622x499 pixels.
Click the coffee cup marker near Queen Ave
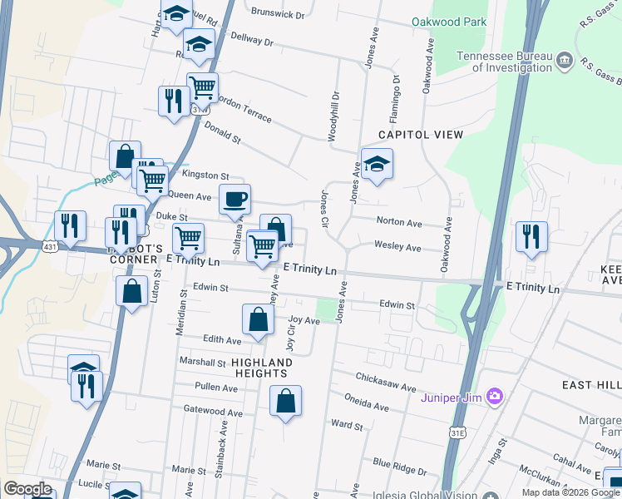[x=234, y=200]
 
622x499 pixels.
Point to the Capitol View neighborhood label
[x=421, y=134]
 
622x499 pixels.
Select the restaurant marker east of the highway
[x=531, y=236]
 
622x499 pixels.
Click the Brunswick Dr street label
[x=278, y=15]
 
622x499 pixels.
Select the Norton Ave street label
[x=399, y=223]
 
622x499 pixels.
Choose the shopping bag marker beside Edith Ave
[x=258, y=319]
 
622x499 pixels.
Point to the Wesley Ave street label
[x=398, y=248]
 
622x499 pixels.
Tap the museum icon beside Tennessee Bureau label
[x=564, y=59]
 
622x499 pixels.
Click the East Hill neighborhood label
[x=590, y=385]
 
